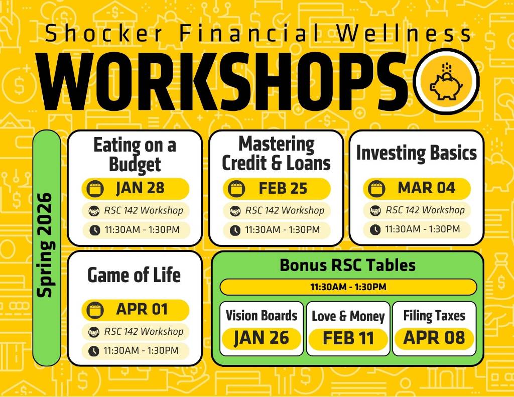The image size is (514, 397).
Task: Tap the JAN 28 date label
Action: coord(140,188)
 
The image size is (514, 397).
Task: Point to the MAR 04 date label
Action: coord(426,188)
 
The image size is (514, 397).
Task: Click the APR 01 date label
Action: coord(142,309)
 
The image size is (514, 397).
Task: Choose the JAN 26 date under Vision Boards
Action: coord(261,338)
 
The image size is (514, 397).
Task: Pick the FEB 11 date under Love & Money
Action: coord(348,338)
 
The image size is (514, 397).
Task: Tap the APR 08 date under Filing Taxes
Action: coord(434,338)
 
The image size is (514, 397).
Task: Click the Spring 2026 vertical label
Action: coord(46,246)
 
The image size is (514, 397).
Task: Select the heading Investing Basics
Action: coord(416,153)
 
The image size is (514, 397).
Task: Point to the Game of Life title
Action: coord(134,275)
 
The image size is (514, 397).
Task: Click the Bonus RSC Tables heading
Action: coord(348,265)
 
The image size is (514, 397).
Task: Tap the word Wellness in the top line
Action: coord(404,34)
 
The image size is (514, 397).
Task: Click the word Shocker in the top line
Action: coord(105,34)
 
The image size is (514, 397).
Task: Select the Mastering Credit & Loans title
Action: coord(276,154)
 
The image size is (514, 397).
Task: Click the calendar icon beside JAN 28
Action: coord(95,189)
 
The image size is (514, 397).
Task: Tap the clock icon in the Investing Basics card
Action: coord(375,229)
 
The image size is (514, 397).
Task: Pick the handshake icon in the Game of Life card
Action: coord(94,332)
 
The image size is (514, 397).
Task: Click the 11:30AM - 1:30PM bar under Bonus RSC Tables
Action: coord(348,287)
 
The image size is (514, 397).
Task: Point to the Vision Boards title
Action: coord(261,316)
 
